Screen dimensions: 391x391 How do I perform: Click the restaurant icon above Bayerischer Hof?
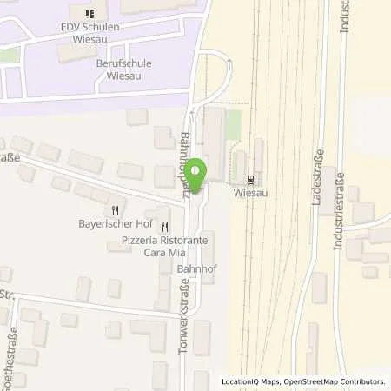(116, 209)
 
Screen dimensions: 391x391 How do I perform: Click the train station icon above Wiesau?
(251, 180)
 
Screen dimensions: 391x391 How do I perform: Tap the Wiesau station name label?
(251, 194)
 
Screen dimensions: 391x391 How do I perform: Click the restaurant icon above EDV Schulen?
(89, 13)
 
